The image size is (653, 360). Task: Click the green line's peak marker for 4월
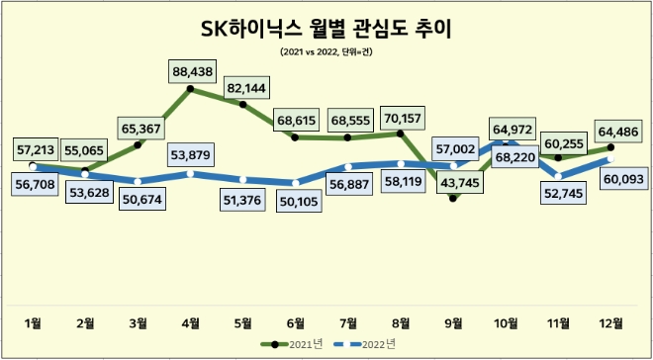pyautogui.click(x=191, y=89)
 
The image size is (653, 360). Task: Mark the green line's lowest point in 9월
pyautogui.click(x=453, y=199)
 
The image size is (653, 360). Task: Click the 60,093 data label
pyautogui.click(x=612, y=180)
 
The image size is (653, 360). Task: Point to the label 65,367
pyautogui.click(x=139, y=129)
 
